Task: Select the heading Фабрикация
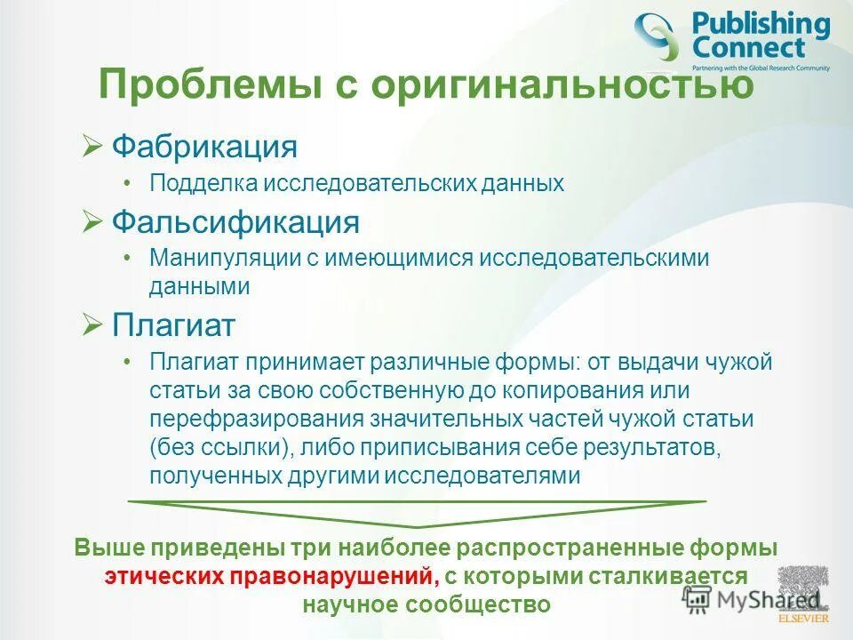pyautogui.click(x=203, y=146)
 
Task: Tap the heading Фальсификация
pyautogui.click(x=235, y=221)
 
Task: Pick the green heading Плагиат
pyautogui.click(x=172, y=324)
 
